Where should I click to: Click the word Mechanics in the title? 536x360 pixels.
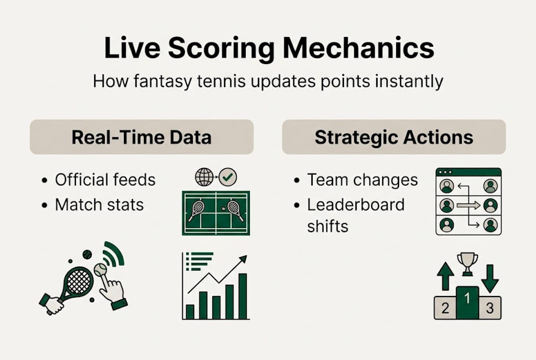click(359, 48)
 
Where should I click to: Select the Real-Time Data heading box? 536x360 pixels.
click(141, 137)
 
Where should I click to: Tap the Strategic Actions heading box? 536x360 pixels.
click(394, 137)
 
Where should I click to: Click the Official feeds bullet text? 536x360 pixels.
click(105, 179)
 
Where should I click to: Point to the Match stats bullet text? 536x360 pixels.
click(99, 204)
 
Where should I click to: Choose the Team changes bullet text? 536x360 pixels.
click(362, 179)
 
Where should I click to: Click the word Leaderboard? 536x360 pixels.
click(356, 204)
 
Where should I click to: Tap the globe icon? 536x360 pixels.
click(204, 177)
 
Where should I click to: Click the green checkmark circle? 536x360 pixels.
click(228, 177)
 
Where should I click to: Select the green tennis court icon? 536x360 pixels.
click(216, 213)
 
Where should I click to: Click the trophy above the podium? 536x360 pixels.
click(467, 264)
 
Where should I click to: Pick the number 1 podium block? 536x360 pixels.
click(467, 302)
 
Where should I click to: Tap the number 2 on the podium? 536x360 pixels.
click(445, 308)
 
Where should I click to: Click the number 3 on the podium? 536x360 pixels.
click(490, 308)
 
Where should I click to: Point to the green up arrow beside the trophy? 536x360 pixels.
click(446, 276)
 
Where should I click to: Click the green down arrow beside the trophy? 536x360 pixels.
click(490, 278)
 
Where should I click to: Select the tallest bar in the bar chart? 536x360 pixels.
click(243, 296)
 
